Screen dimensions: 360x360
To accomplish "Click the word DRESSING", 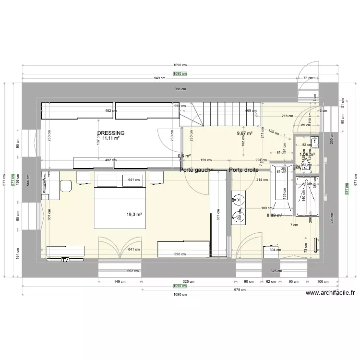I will pyautogui.click(x=110, y=133).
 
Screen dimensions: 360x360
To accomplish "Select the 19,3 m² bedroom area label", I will pyautogui.click(x=134, y=215).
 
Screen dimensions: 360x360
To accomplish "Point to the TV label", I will pyautogui.click(x=64, y=260).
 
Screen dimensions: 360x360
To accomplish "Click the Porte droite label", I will pyautogui.click(x=244, y=170).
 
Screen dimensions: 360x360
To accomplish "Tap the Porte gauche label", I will pyautogui.click(x=196, y=170).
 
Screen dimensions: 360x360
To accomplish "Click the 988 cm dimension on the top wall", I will pyautogui.click(x=180, y=89).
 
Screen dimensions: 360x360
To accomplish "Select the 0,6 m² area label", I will pyautogui.click(x=184, y=156).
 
